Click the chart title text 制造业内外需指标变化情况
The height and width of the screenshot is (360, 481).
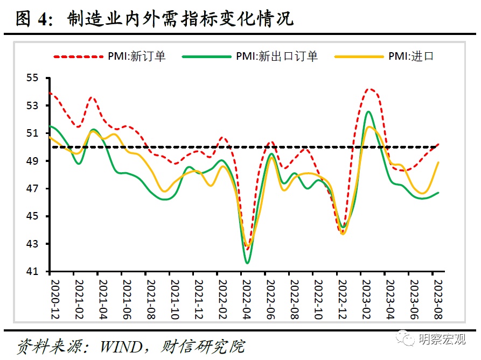point(180,19)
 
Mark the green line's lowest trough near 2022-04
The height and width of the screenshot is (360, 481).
point(247,263)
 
